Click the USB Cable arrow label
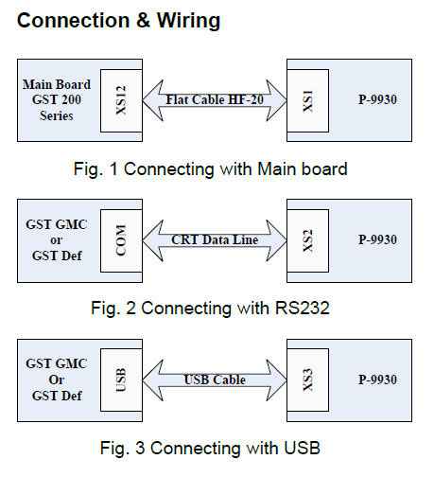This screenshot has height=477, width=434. (x=214, y=380)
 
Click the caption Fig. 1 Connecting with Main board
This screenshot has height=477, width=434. (x=215, y=170)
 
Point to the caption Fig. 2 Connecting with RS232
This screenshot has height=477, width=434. (x=215, y=308)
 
